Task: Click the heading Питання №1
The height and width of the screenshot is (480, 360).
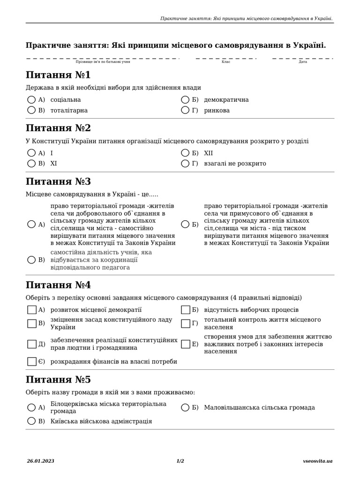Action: pos(59,75)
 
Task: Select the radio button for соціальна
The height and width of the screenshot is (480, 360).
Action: pos(31,100)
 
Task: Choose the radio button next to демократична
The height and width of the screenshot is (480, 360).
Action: pos(185,100)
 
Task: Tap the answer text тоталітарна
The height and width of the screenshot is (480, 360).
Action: pos(69,111)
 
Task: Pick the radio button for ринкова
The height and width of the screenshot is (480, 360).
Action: pos(185,111)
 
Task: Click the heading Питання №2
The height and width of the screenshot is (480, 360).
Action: pos(59,128)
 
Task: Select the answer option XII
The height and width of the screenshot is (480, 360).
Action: pos(209,153)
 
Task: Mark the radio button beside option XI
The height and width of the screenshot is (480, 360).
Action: pos(31,164)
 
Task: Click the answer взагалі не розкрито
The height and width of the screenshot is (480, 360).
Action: pos(235,164)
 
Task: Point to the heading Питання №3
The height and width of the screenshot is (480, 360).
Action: pos(59,181)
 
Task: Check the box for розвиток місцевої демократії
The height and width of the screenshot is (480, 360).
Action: pos(31,310)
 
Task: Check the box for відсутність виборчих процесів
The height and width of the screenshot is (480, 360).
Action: pos(185,310)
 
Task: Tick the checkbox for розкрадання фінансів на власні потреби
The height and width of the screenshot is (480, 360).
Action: pos(31,361)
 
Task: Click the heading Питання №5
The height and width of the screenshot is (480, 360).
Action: pos(59,379)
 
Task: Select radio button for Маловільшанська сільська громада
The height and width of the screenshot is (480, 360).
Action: pos(185,408)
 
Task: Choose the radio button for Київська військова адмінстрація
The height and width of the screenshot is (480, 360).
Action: pos(31,421)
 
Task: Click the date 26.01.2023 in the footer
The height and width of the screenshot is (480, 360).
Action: pos(40,461)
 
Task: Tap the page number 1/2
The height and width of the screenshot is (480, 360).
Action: pos(180,461)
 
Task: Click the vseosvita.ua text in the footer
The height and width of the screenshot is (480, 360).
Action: pos(318,461)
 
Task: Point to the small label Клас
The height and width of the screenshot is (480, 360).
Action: pos(226,62)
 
